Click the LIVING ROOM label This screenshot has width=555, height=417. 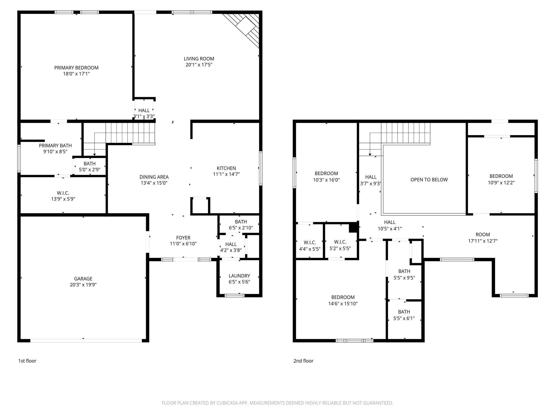(199, 59)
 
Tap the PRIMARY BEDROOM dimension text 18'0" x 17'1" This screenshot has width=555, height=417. (76, 74)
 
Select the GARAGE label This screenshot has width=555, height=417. (83, 279)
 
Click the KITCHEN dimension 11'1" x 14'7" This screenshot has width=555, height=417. (226, 174)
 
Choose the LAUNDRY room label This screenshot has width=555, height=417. (239, 276)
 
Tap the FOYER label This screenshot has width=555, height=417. (183, 238)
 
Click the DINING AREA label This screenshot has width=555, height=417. (154, 177)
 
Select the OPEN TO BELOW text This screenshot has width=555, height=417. (429, 180)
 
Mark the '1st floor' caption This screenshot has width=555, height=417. (27, 361)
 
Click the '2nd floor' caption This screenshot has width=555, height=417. (303, 361)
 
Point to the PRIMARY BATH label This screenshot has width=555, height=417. (55, 146)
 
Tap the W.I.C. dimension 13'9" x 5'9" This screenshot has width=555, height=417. (63, 199)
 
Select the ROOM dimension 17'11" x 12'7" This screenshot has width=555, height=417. (483, 241)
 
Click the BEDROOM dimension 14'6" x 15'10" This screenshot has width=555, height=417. (343, 304)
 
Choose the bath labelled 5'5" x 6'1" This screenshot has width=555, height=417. (404, 315)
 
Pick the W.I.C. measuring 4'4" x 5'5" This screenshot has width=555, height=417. (310, 245)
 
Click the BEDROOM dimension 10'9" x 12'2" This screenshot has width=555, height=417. (501, 183)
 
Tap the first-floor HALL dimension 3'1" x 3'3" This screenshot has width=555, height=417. (144, 116)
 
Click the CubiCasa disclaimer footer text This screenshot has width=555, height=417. (277, 403)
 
